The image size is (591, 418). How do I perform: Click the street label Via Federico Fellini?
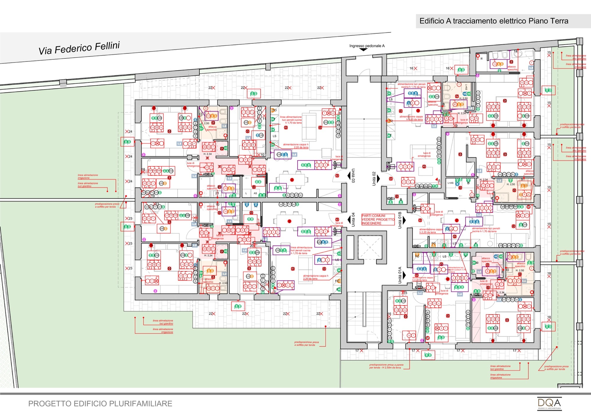79,48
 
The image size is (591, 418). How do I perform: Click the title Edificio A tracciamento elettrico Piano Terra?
494,21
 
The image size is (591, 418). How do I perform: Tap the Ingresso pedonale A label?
367,46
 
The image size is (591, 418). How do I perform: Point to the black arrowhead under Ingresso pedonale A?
363,50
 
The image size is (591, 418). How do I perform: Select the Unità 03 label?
353,176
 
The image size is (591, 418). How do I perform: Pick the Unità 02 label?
374,179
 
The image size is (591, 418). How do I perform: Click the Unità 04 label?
353,220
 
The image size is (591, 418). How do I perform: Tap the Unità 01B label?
400,220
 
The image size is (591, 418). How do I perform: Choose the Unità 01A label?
400,275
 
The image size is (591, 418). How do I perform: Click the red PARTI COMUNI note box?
378,220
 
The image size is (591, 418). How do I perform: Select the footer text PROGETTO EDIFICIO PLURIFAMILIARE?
100,404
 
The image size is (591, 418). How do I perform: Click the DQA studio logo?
549,404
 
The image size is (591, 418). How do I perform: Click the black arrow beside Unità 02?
379,179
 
